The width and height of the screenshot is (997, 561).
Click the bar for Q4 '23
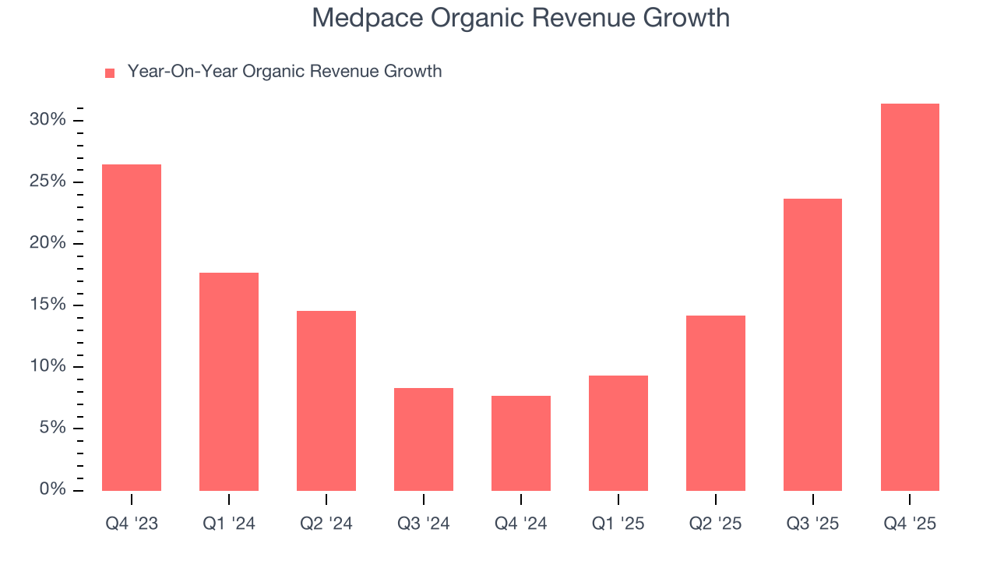coord(132,327)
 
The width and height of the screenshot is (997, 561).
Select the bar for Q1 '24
coord(229,382)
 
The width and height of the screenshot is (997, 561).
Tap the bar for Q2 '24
coord(326,400)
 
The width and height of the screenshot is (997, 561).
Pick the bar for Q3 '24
coord(424,439)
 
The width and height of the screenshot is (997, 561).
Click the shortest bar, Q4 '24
coord(521,443)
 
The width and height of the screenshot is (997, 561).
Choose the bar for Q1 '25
coord(618,433)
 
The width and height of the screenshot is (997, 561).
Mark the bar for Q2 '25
coord(716,403)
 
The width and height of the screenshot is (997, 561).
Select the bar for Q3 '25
coord(812,344)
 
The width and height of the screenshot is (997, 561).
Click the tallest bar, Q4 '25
coord(910,297)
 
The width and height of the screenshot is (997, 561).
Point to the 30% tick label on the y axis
coord(48,120)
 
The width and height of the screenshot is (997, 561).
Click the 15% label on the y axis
coord(48,305)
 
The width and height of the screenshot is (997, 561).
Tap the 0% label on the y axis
coord(52,489)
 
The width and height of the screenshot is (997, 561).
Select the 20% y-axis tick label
coord(48,243)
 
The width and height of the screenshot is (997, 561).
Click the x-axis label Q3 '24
coord(424,524)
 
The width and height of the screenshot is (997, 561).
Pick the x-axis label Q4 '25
coord(910,524)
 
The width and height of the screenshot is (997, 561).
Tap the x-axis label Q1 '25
coord(618,524)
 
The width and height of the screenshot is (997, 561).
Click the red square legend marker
coord(110,72)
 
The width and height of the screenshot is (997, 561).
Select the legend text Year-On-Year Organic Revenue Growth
coord(284,72)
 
